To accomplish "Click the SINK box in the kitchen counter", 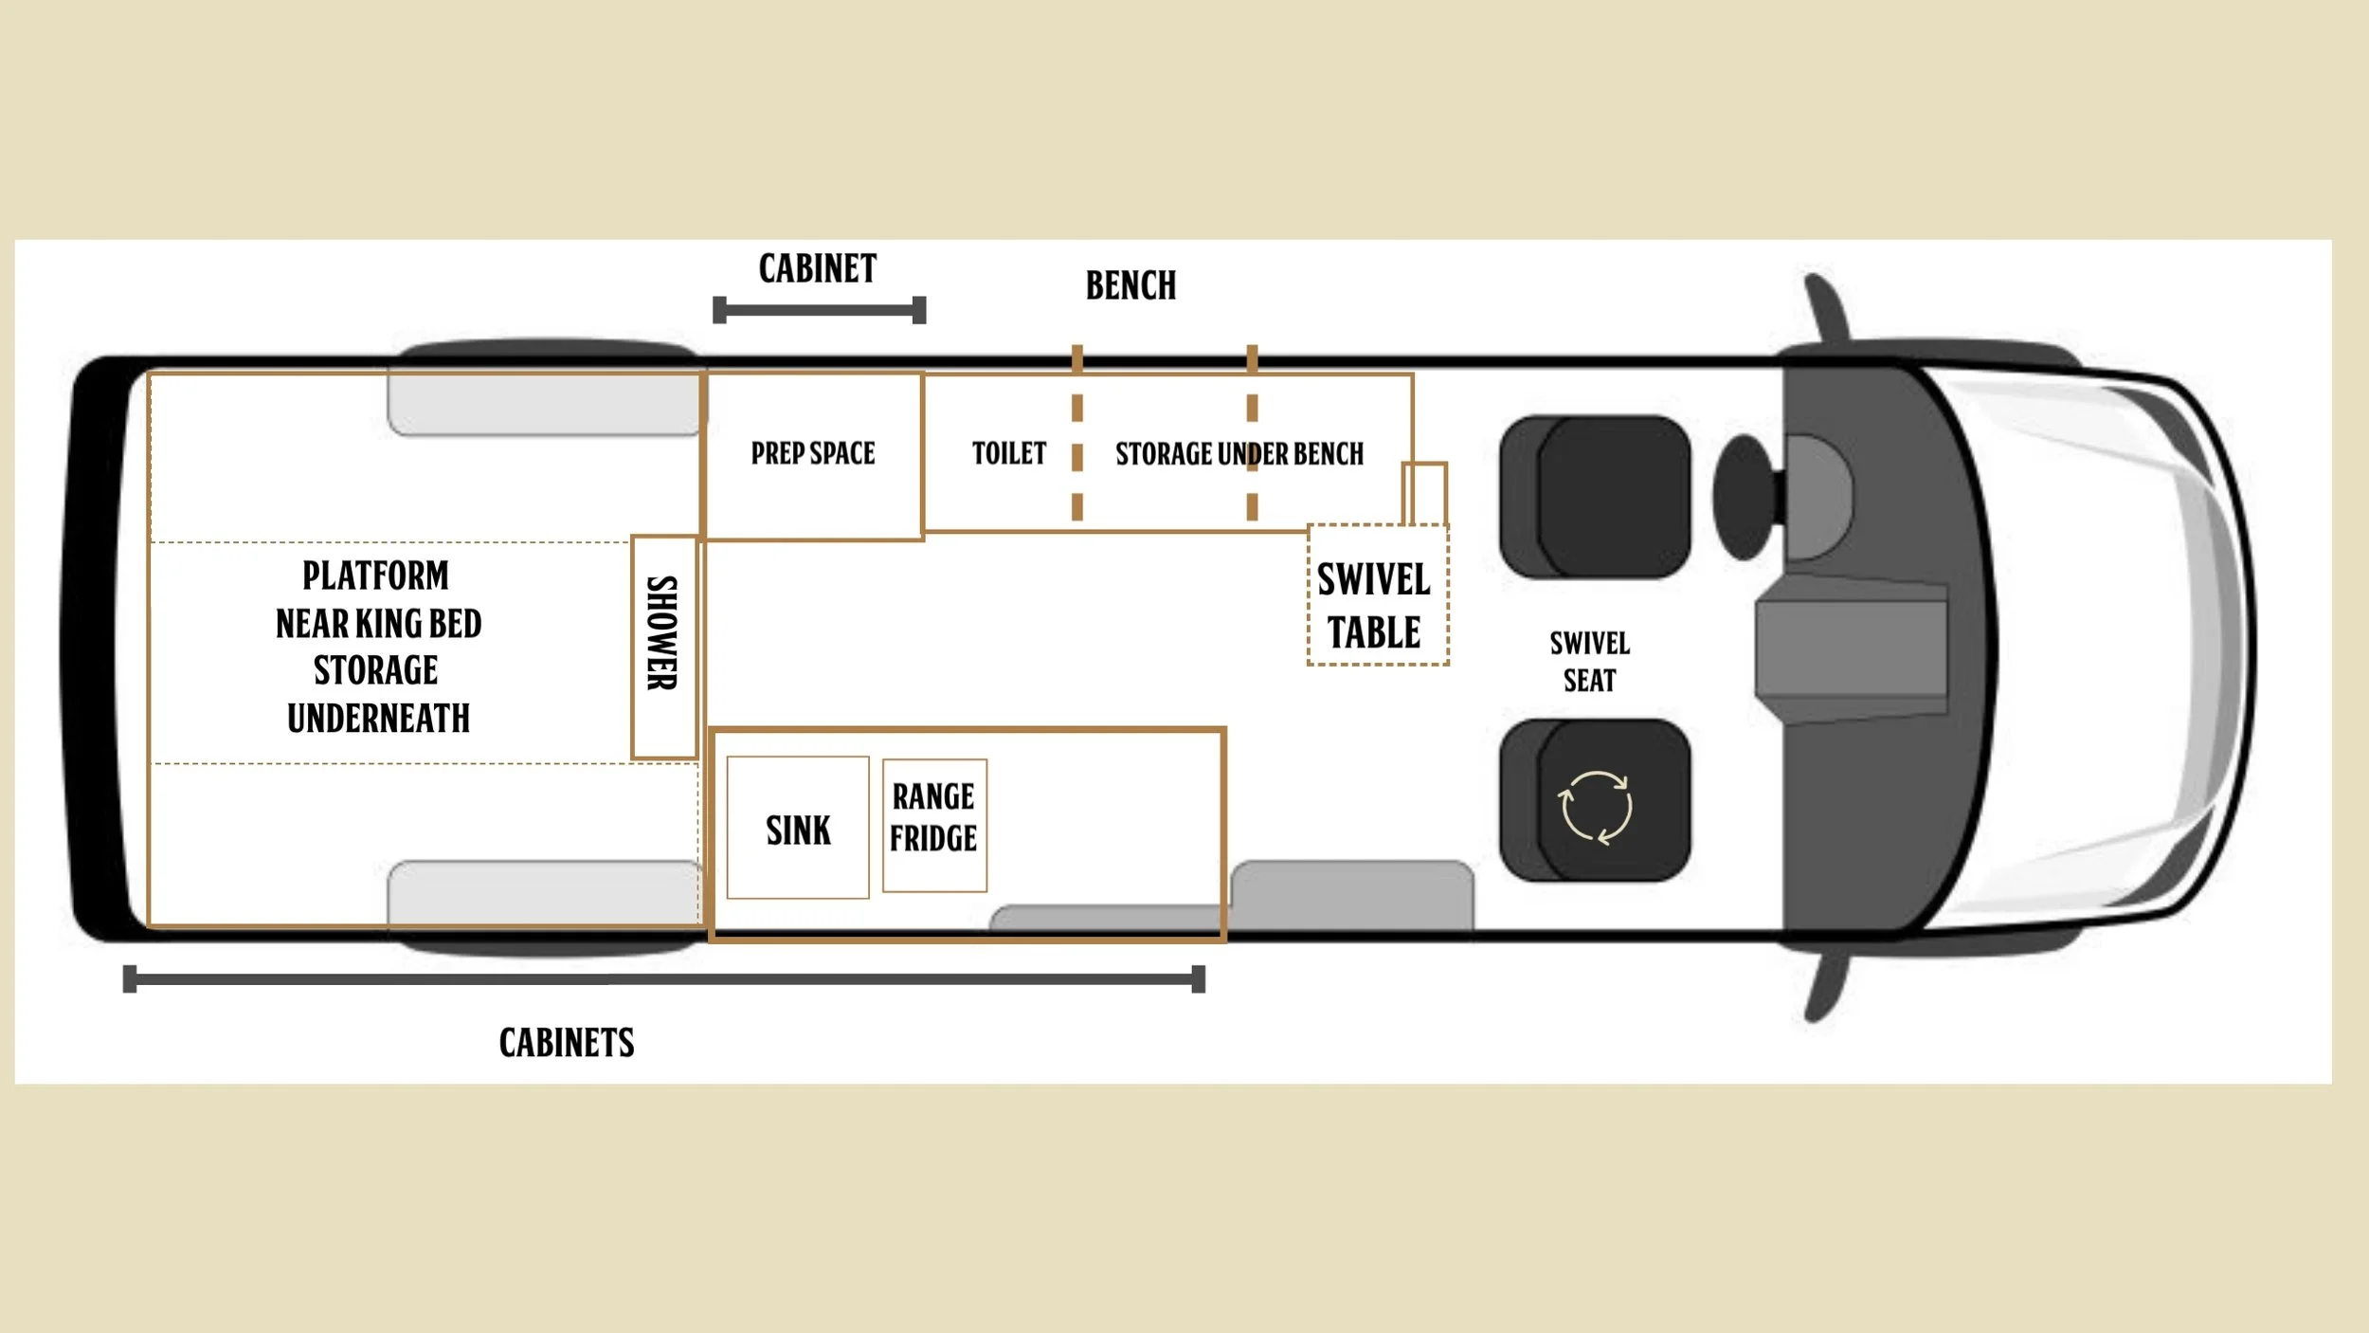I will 798,828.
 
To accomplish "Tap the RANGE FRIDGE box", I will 934,825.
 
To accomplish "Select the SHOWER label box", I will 664,647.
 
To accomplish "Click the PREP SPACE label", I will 813,453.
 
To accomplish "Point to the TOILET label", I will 1008,453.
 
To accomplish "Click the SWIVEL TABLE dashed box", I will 1377,595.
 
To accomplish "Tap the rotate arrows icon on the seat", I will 1596,807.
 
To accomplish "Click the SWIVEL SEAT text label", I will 1589,662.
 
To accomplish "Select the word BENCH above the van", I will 1130,285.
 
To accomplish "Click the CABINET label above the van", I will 817,268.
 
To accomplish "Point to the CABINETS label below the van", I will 567,1043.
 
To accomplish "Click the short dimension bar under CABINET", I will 819,310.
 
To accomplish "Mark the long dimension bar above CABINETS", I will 663,978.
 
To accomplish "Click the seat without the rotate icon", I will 1596,497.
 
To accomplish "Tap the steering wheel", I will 1744,497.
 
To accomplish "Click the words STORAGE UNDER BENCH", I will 1239,454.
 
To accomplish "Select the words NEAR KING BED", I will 378,624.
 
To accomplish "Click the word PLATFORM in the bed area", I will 375,575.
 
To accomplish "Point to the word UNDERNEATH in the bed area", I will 378,719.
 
